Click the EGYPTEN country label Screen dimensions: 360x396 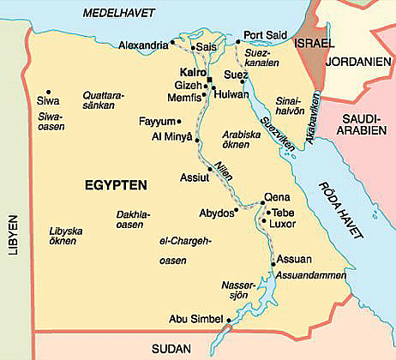[x=117, y=184]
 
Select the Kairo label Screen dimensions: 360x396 [x=195, y=73]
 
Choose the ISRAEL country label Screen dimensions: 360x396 [x=314, y=43]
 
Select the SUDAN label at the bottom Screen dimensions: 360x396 [x=170, y=348]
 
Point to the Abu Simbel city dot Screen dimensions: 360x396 [x=229, y=322]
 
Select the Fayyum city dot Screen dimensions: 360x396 [x=179, y=122]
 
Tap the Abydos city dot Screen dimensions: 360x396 [x=236, y=210]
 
